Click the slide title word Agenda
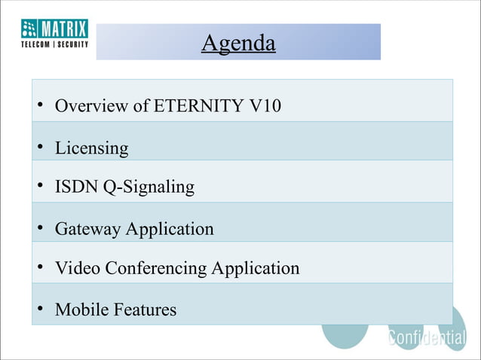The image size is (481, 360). (238, 44)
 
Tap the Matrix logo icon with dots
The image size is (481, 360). (29, 28)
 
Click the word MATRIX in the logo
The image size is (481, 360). (64, 28)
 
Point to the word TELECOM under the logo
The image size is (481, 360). (36, 44)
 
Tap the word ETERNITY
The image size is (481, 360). (199, 106)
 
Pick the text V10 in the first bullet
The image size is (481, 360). (265, 106)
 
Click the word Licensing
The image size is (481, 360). (91, 148)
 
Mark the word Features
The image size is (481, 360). (145, 310)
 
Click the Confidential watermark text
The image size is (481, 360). (427, 338)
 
